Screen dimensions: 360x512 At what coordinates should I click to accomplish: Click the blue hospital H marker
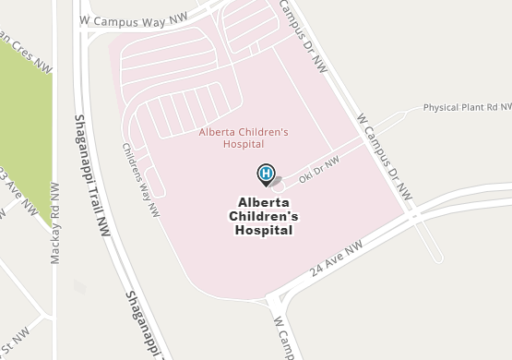pyautogui.click(x=266, y=172)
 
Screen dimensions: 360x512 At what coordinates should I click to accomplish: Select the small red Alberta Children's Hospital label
pyautogui.click(x=244, y=138)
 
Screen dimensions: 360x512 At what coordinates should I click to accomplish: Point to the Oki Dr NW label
pyautogui.click(x=319, y=167)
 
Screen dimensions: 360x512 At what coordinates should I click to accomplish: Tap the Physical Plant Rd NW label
pyautogui.click(x=467, y=107)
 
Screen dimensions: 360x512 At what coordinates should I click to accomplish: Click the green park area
pyautogui.click(x=23, y=129)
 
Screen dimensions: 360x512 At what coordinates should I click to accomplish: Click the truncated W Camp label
pyautogui.click(x=283, y=338)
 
